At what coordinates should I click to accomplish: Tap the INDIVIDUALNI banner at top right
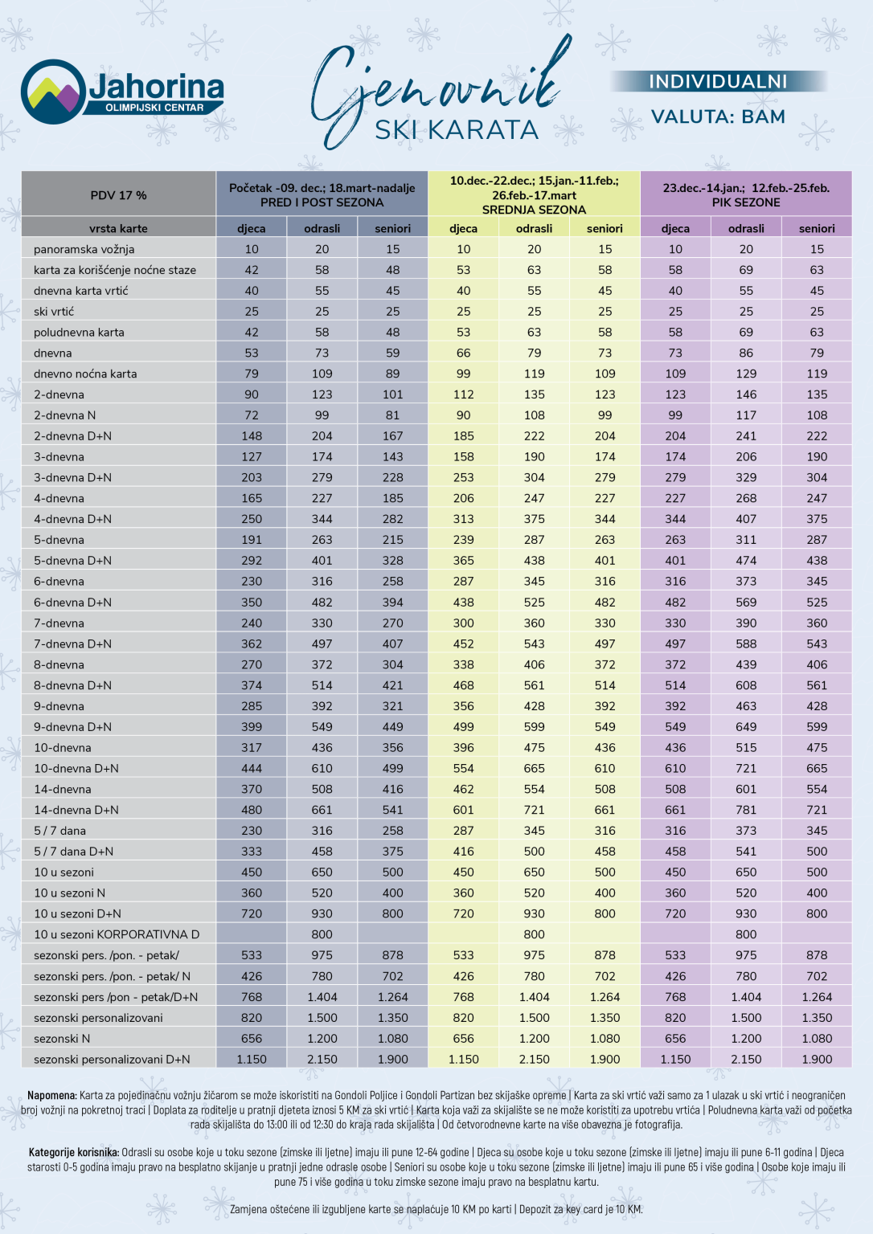tap(718, 81)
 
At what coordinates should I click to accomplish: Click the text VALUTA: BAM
tap(718, 116)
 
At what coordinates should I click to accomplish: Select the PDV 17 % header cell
tap(118, 195)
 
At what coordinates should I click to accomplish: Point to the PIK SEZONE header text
tap(745, 202)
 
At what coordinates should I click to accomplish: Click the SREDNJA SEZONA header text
tap(534, 210)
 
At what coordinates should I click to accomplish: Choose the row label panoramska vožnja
tap(84, 249)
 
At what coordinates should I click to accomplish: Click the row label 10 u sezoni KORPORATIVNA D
tap(117, 934)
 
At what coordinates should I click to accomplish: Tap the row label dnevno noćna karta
tap(85, 374)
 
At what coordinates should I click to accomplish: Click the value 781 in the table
tap(746, 810)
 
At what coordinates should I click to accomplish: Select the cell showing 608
tap(746, 685)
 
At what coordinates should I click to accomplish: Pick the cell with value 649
tap(746, 727)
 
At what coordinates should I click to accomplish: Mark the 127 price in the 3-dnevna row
tap(252, 457)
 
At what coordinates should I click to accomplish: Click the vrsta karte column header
tap(118, 228)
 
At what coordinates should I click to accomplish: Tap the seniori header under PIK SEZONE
tap(817, 228)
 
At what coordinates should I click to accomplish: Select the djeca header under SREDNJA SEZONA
tap(463, 228)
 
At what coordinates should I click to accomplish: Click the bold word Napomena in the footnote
tap(52, 1095)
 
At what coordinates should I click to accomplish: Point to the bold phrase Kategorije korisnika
tap(74, 1152)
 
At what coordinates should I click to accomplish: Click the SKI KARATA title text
tap(457, 129)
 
